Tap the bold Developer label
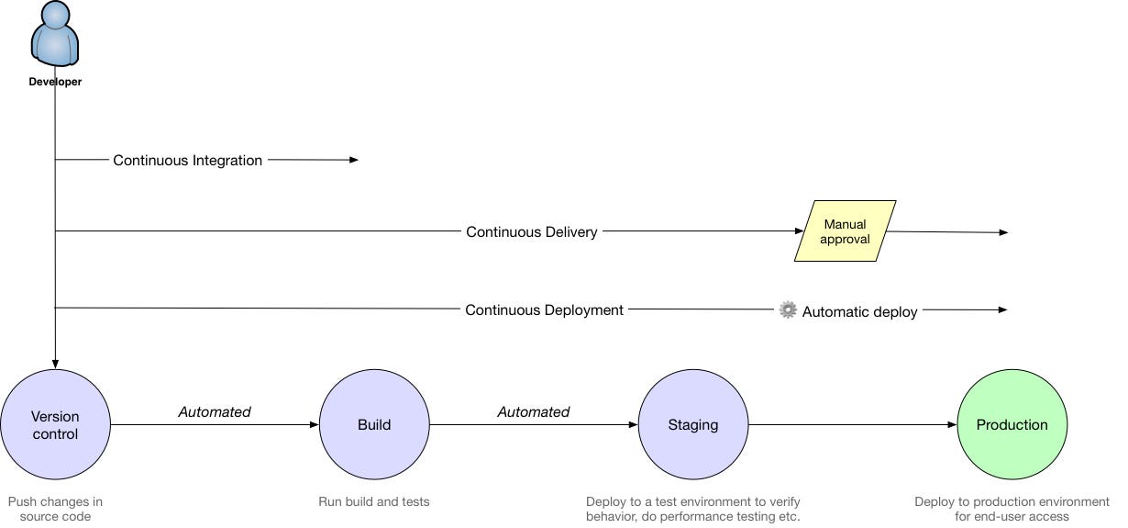55,82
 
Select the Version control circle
55,424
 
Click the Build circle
374,424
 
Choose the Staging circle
693,424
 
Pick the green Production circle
1012,424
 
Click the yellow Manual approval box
845,231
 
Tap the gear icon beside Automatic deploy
788,310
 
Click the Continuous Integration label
188,160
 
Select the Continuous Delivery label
532,231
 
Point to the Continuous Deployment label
544,310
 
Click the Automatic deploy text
859,311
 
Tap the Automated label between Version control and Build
215,411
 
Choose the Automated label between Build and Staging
534,411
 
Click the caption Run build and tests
374,501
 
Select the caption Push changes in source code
55,509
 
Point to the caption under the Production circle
1012,509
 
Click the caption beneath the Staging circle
693,509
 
